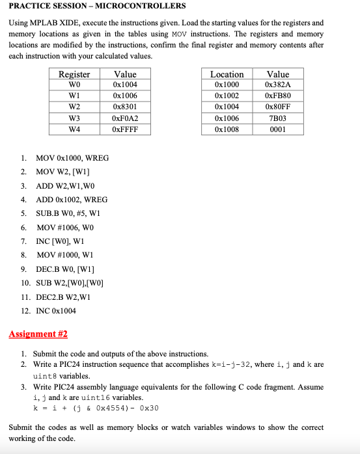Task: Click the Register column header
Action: coord(74,74)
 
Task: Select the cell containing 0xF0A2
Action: coord(125,118)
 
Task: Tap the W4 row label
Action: coord(74,129)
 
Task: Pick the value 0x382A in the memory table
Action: coord(278,85)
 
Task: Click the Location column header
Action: coord(227,74)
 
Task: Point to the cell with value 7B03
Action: coord(278,118)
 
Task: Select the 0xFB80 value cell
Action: coord(278,96)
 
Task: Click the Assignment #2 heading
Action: coord(38,334)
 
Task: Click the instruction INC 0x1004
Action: coord(56,310)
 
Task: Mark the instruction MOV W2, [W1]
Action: coord(62,172)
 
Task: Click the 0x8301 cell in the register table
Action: coord(125,107)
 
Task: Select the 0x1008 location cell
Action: coord(227,129)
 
